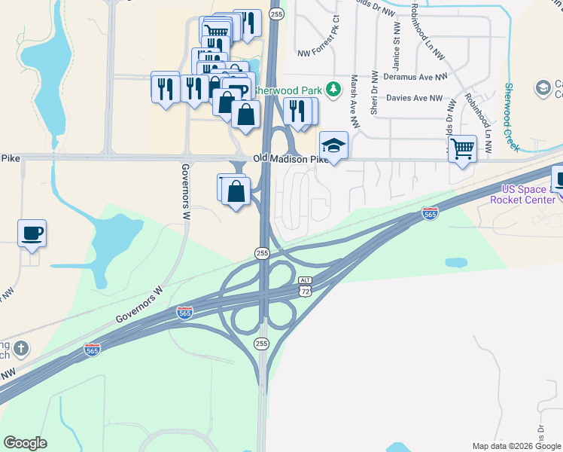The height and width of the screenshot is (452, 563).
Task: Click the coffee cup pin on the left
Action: (x=32, y=233)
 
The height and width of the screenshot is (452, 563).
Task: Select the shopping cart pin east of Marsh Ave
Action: (x=462, y=148)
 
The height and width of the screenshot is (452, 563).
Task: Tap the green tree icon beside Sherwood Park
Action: (x=329, y=90)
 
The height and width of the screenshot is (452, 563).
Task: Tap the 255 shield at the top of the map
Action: (x=276, y=14)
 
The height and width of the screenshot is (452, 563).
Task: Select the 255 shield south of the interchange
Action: (x=261, y=344)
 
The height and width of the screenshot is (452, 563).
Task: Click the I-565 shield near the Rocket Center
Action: (x=430, y=214)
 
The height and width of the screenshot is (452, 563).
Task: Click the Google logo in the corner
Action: (x=25, y=443)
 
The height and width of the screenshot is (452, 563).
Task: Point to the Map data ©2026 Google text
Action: (x=516, y=446)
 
